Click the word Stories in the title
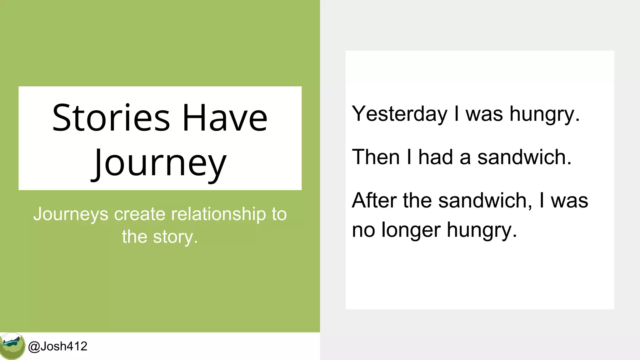tap(111, 118)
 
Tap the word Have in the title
tap(225, 118)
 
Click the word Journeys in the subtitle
tap(71, 215)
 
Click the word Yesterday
tap(400, 114)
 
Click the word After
tap(374, 200)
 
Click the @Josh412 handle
tap(58, 346)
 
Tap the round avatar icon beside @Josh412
tap(12, 346)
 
